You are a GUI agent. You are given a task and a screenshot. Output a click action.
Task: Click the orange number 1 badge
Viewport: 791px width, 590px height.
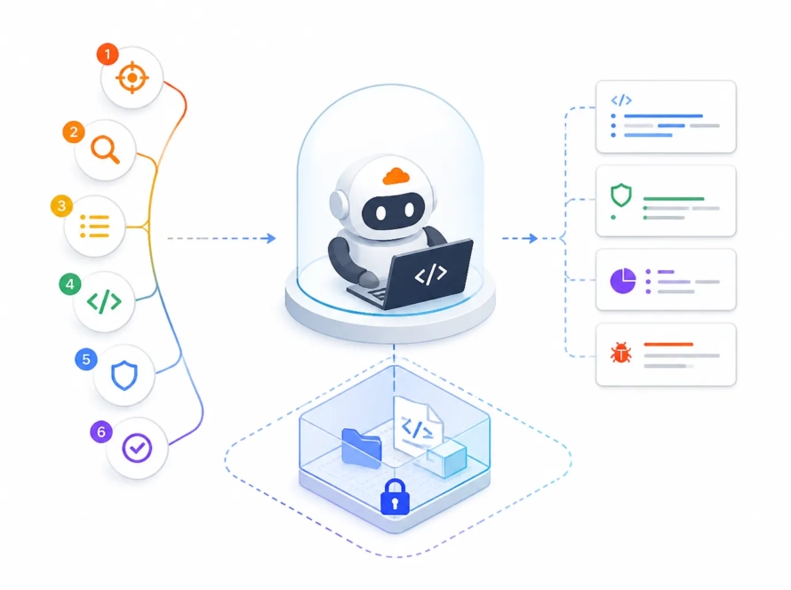tap(108, 54)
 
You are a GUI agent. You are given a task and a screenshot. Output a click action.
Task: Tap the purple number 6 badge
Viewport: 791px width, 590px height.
tap(101, 432)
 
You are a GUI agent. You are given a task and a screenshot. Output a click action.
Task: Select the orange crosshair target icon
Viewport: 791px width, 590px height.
tap(132, 77)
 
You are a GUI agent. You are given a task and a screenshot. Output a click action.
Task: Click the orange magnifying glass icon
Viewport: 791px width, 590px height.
tap(105, 149)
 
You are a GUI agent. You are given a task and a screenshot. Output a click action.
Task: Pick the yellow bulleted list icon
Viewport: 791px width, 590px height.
tap(95, 227)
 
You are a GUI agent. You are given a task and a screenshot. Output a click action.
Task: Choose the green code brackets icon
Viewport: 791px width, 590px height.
tap(104, 301)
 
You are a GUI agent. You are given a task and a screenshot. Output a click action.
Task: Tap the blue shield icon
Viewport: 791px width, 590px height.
tap(124, 375)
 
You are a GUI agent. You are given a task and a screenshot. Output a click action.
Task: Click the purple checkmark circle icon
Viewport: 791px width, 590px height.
tap(137, 448)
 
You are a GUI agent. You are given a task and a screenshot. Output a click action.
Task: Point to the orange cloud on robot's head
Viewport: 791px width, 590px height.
tap(396, 177)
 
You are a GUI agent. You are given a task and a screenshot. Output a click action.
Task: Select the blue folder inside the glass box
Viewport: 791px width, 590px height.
tap(361, 448)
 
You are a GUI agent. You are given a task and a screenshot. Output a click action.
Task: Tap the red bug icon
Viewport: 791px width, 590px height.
tap(621, 352)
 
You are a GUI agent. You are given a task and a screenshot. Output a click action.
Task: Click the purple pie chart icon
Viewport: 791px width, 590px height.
tap(623, 281)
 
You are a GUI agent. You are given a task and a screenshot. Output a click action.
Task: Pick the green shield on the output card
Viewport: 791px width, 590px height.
tap(621, 195)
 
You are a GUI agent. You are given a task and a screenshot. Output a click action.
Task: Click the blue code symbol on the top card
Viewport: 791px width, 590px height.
tap(621, 100)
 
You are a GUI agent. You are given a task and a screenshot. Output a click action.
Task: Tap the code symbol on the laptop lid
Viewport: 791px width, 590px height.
tap(431, 275)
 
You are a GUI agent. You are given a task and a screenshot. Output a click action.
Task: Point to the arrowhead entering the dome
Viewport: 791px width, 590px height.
tap(271, 238)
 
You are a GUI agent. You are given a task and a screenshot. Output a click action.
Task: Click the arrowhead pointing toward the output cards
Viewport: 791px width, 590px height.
tap(532, 238)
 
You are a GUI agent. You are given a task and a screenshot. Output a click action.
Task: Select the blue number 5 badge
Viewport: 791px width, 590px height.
tap(85, 359)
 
